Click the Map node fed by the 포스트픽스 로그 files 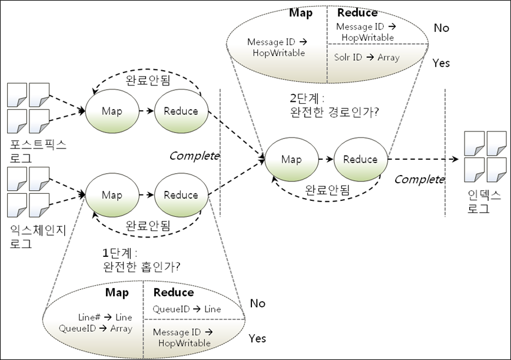(x=112, y=111)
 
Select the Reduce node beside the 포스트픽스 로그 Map (x=181, y=111)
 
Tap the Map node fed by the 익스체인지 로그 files (x=112, y=195)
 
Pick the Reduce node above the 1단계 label (x=181, y=195)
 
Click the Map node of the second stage (x=291, y=159)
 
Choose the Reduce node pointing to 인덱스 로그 (x=360, y=159)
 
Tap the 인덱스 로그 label (x=485, y=202)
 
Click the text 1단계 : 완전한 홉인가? (x=141, y=259)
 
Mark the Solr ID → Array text (x=367, y=57)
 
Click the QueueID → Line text (x=187, y=309)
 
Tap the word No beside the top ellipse (x=441, y=28)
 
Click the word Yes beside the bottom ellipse (x=257, y=338)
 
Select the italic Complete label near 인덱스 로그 (x=419, y=180)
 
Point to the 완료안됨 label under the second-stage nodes (x=327, y=190)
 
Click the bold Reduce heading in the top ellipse (x=357, y=13)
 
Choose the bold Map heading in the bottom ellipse (x=117, y=293)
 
